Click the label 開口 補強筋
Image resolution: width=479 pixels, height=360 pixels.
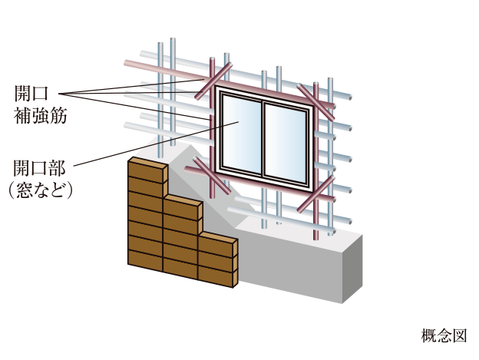click(41, 104)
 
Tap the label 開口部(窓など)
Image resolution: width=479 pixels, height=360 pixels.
click(40, 180)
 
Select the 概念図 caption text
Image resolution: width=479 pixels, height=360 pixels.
click(444, 335)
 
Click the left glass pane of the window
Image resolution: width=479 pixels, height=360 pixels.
click(241, 134)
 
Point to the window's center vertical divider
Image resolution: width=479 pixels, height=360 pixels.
click(263, 140)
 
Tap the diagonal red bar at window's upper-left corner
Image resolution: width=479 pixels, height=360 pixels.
click(213, 81)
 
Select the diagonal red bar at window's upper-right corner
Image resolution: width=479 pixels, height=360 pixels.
click(315, 101)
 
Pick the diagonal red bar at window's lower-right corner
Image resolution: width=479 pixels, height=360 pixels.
click(315, 194)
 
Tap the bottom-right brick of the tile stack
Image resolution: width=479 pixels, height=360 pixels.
click(217, 276)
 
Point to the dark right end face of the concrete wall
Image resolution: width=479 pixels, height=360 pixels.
click(352, 269)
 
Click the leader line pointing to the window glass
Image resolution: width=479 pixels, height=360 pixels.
click(156, 144)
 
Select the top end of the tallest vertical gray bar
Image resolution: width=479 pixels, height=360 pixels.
click(173, 40)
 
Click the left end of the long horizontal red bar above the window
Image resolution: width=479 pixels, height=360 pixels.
click(126, 63)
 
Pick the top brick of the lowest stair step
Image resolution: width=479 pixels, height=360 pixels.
click(217, 245)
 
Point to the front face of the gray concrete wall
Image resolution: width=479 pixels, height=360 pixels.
click(290, 266)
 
